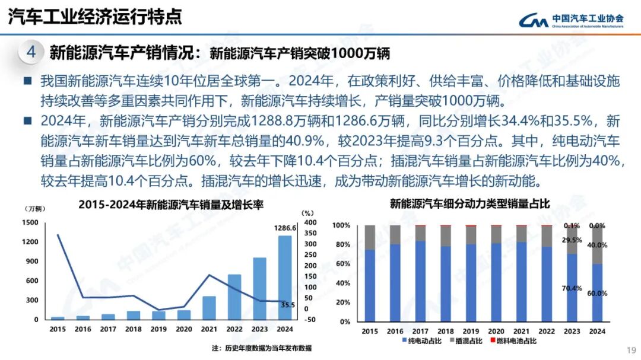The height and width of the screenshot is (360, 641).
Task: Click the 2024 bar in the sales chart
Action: (x=285, y=278)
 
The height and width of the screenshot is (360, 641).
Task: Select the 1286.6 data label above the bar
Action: (x=285, y=228)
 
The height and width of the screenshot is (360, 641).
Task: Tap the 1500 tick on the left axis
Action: (x=31, y=222)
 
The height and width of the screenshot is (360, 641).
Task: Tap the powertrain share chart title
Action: (x=469, y=204)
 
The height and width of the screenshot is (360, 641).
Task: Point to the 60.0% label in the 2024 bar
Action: (x=597, y=293)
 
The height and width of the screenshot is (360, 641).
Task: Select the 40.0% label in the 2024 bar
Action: (x=597, y=245)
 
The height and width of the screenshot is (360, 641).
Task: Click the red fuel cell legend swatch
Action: (x=491, y=341)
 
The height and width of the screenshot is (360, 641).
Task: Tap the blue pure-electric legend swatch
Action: (x=405, y=341)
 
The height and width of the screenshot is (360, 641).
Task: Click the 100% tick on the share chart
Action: (x=341, y=225)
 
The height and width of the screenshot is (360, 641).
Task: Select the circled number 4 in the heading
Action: (x=31, y=52)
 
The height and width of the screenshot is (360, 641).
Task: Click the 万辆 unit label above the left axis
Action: (x=34, y=208)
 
